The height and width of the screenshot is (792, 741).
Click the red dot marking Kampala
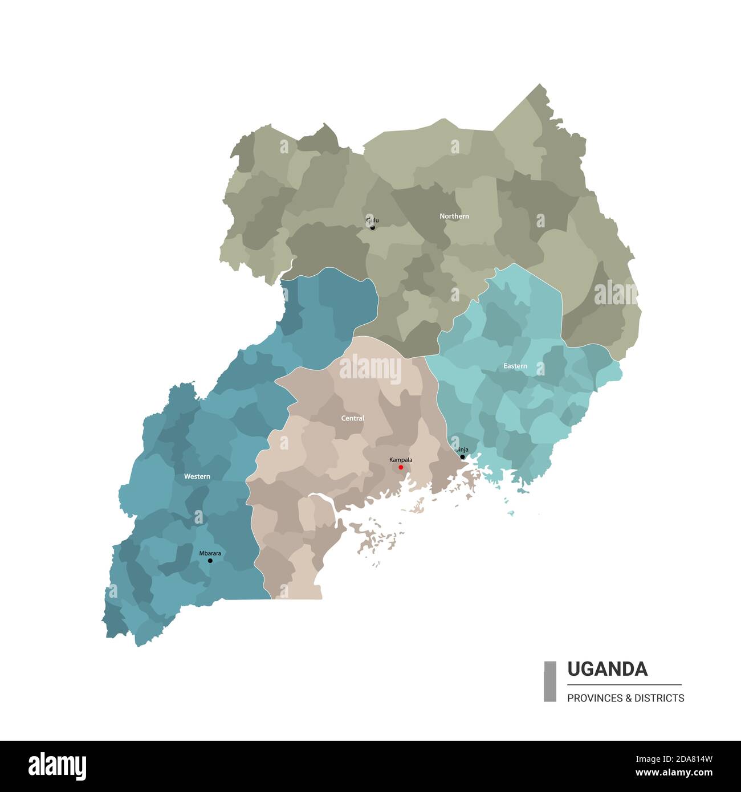[x=401, y=467]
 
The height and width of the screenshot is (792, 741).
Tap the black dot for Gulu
[x=373, y=227]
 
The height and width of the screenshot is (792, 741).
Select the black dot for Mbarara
[x=210, y=561]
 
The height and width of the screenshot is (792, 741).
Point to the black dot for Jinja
[x=462, y=457]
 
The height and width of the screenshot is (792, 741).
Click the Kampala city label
[x=401, y=459]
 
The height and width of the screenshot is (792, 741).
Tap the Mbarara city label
[x=210, y=553]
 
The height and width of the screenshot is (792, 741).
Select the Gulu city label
[x=372, y=220]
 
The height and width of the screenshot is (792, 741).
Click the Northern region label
[x=454, y=216]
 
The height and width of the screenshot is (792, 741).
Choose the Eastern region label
[x=515, y=366]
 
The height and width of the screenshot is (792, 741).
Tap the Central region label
[x=352, y=418]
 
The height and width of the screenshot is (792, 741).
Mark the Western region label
[x=197, y=476]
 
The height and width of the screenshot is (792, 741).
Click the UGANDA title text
[x=607, y=669]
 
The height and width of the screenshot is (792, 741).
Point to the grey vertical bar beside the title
[x=550, y=681]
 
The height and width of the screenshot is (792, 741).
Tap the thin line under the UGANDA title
[x=624, y=684]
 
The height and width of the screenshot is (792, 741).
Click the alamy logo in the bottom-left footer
[x=57, y=766]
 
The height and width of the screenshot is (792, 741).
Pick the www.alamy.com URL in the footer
[x=674, y=773]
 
